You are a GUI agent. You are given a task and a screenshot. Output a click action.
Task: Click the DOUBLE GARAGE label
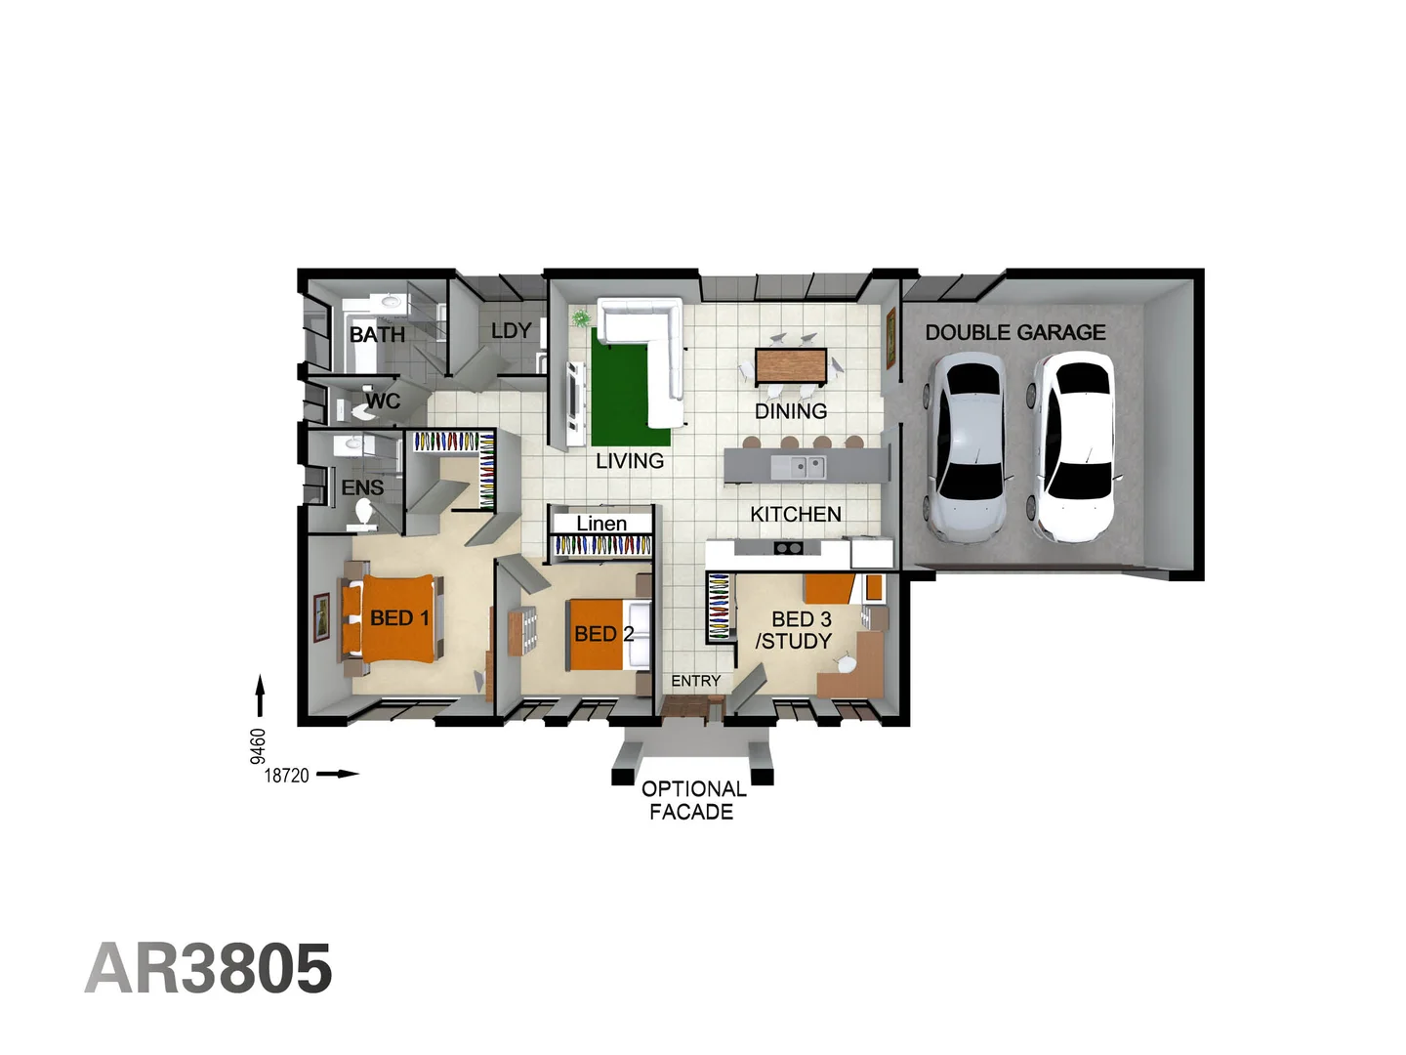click(x=1015, y=333)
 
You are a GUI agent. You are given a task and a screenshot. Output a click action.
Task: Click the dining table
click(x=791, y=366)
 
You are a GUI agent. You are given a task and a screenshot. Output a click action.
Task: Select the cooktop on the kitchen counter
click(x=788, y=548)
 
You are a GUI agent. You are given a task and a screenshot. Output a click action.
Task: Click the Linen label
click(x=601, y=524)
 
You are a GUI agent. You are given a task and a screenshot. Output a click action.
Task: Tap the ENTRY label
click(x=696, y=681)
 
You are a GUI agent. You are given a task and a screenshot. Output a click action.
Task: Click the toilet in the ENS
click(x=365, y=514)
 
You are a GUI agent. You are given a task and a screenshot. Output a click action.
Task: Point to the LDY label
click(x=512, y=331)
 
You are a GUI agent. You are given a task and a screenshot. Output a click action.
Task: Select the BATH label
click(x=377, y=335)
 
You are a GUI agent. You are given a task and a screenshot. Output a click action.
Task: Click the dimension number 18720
click(x=287, y=776)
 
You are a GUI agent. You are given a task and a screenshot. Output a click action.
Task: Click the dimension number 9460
click(x=258, y=746)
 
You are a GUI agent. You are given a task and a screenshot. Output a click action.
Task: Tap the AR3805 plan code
click(x=209, y=969)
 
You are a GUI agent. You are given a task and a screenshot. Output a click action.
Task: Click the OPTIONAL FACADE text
click(x=693, y=800)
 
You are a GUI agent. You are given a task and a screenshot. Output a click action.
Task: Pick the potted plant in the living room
click(x=582, y=317)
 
